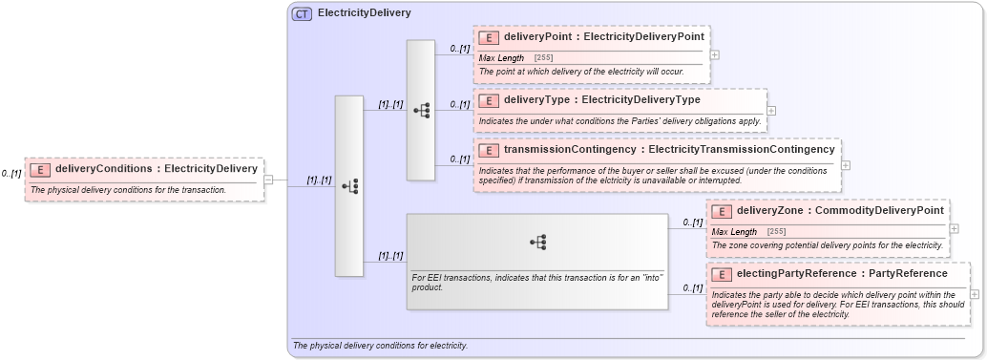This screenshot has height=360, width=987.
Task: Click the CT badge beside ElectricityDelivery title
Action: click(x=302, y=13)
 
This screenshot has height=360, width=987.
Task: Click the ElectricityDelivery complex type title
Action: click(x=364, y=13)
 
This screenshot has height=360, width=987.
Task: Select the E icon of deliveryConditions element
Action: click(x=40, y=170)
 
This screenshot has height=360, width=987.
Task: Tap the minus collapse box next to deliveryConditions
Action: click(x=268, y=179)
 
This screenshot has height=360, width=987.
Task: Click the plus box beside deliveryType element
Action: click(x=771, y=110)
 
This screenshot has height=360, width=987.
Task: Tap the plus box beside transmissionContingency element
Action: click(x=845, y=165)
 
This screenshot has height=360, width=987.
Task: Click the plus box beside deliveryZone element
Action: click(x=955, y=228)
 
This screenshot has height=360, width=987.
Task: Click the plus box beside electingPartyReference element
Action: click(x=974, y=294)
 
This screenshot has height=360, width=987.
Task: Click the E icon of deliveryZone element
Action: click(x=722, y=211)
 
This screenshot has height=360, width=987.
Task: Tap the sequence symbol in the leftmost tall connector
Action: click(x=349, y=186)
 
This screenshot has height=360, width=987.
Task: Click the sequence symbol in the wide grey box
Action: click(x=537, y=243)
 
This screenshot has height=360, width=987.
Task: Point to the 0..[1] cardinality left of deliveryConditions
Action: click(x=10, y=174)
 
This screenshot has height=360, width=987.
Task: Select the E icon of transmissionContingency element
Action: click(x=489, y=150)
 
